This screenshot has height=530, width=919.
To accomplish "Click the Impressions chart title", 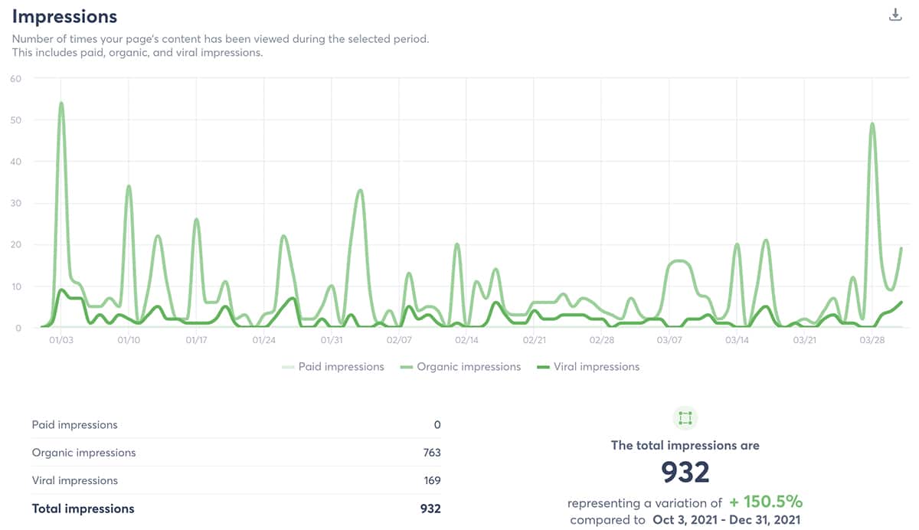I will click(x=64, y=16).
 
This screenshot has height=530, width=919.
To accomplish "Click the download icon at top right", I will click(x=895, y=15).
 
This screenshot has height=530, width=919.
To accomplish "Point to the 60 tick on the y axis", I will click(x=15, y=78).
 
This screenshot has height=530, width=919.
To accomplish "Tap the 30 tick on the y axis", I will click(x=15, y=203).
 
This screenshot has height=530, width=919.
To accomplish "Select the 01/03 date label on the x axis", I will click(x=61, y=339).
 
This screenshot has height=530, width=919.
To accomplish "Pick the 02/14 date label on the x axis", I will click(x=467, y=339).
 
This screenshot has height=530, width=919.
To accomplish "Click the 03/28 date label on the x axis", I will click(x=872, y=339).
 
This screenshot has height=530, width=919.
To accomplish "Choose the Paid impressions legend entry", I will click(x=333, y=367).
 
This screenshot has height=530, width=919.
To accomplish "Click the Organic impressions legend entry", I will click(x=460, y=367).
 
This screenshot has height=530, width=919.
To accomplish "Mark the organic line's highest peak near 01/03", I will click(x=61, y=103).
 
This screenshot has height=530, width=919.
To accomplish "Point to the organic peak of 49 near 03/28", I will click(x=872, y=124).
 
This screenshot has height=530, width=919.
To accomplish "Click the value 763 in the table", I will click(x=432, y=453).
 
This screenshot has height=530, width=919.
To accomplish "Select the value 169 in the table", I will click(x=432, y=481).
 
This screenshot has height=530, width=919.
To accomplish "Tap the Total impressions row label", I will click(x=83, y=509).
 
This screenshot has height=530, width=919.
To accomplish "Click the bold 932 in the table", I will click(x=431, y=509).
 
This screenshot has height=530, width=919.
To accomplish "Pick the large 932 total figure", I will click(x=685, y=473).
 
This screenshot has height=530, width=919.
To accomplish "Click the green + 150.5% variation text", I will click(x=765, y=502).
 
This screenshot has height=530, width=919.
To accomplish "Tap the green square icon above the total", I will click(x=685, y=418).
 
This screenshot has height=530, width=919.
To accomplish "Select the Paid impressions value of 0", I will click(x=437, y=424).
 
